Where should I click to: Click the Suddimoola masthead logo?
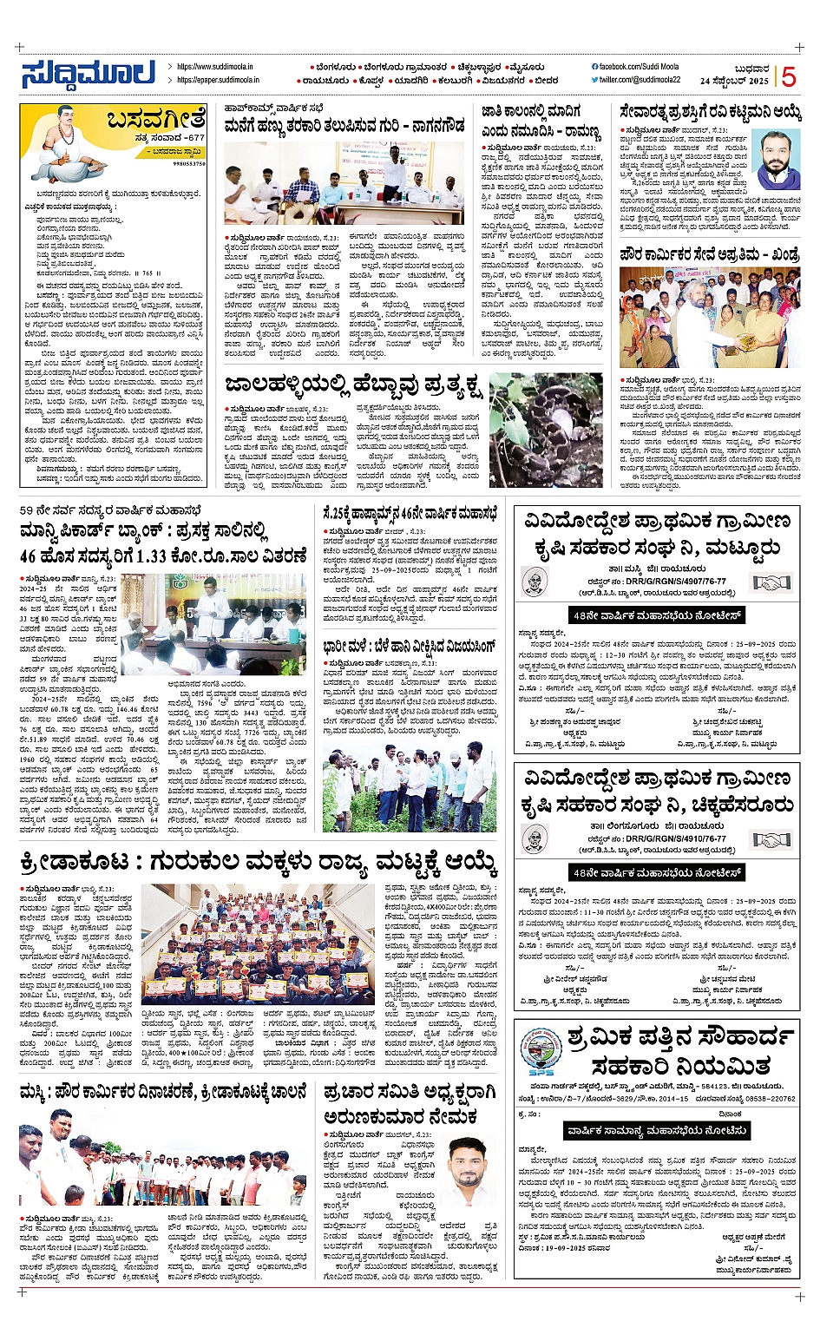point(89,74)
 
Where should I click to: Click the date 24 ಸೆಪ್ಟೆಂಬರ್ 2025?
point(734,81)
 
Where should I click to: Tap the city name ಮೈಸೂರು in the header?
point(528,67)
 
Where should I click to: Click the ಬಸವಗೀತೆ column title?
point(156,119)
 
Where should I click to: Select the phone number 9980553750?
point(189,163)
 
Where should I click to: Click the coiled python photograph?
point(546,430)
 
